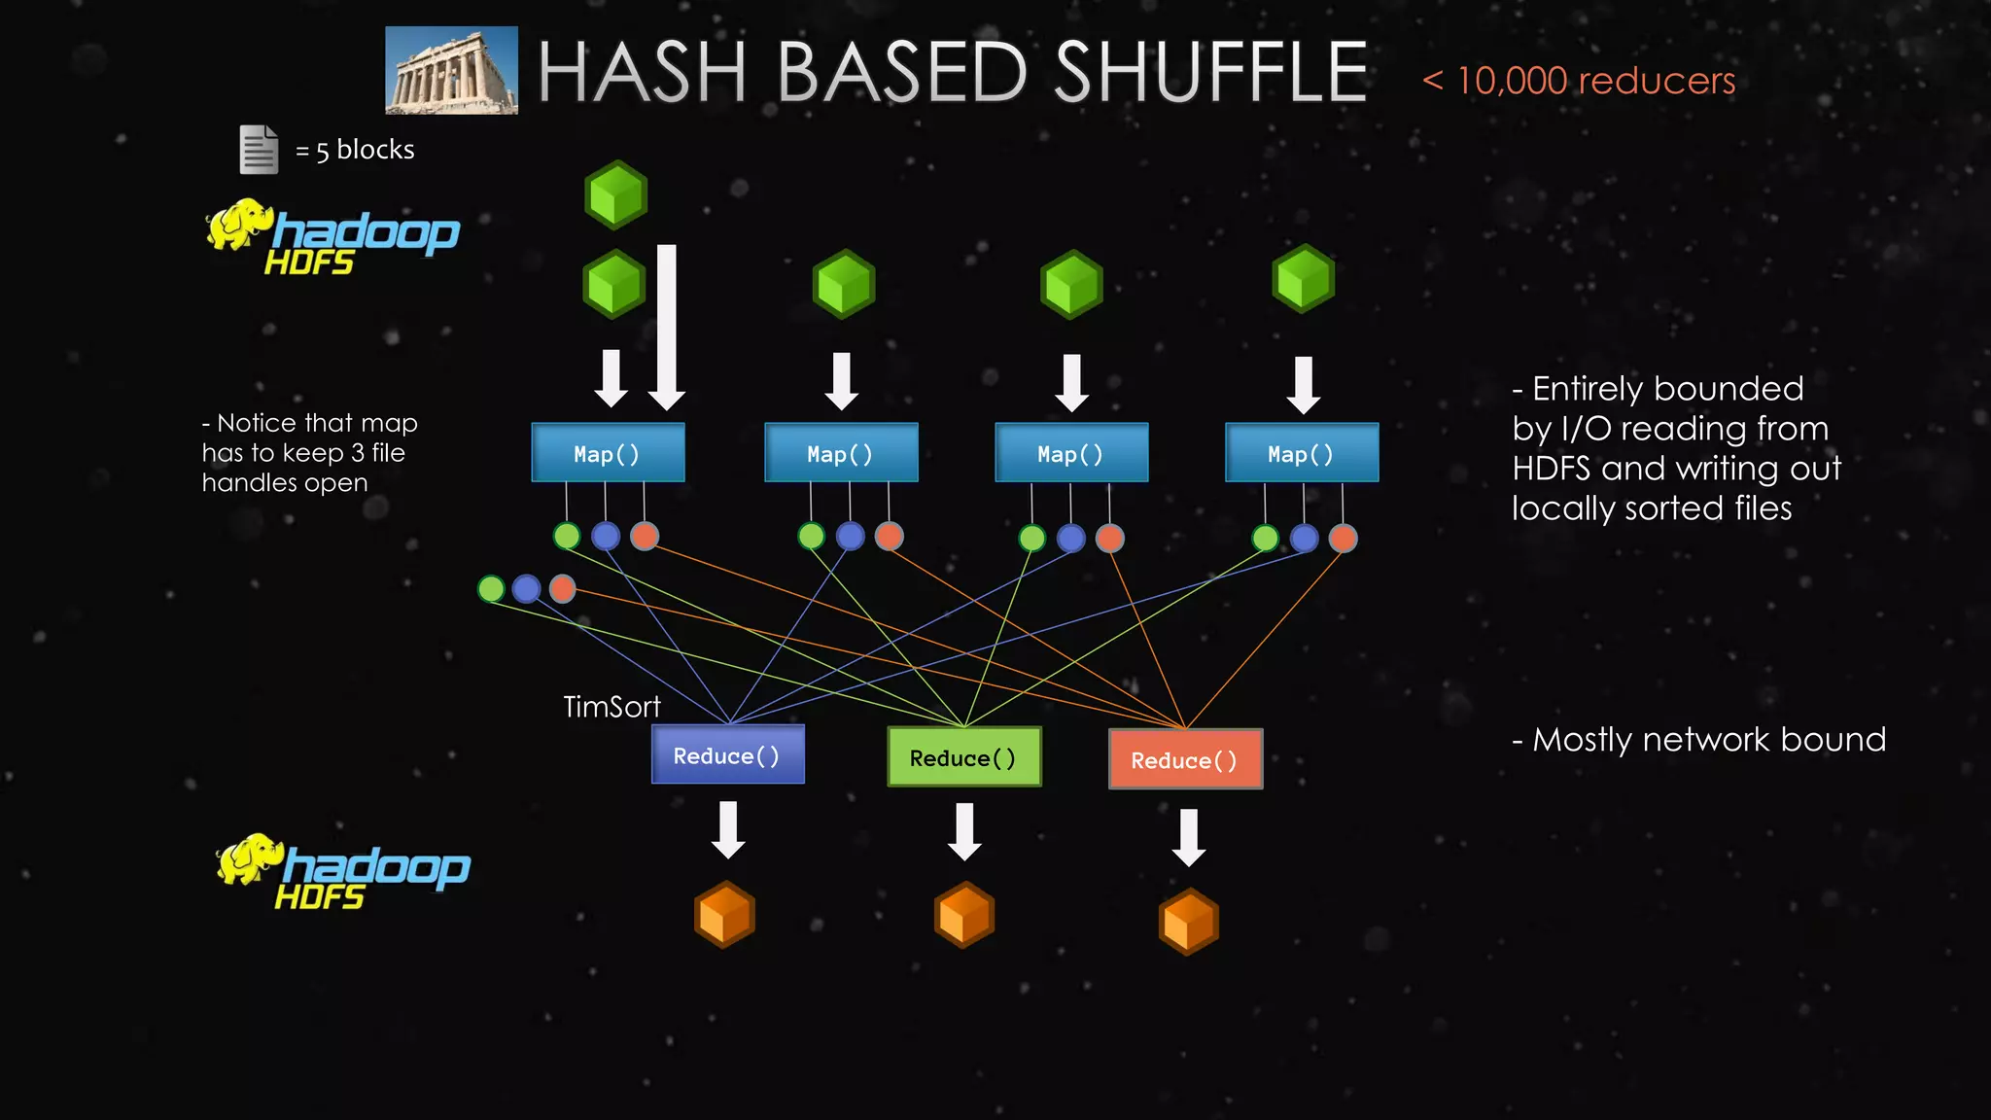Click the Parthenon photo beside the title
click(451, 70)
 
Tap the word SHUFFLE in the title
click(1210, 73)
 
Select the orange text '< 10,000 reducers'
click(1579, 81)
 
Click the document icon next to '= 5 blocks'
click(259, 150)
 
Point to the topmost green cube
click(615, 194)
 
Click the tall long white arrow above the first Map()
click(667, 326)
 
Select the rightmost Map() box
click(1301, 453)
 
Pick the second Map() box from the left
click(841, 453)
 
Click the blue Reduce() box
click(727, 755)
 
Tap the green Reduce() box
click(963, 757)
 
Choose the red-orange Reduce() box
click(1185, 760)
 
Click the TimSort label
click(611, 707)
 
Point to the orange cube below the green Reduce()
click(963, 915)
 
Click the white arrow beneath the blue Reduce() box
click(728, 829)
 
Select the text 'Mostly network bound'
click(1708, 740)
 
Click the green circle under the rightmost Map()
click(1265, 538)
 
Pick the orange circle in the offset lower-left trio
click(562, 588)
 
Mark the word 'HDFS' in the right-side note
click(1551, 469)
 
